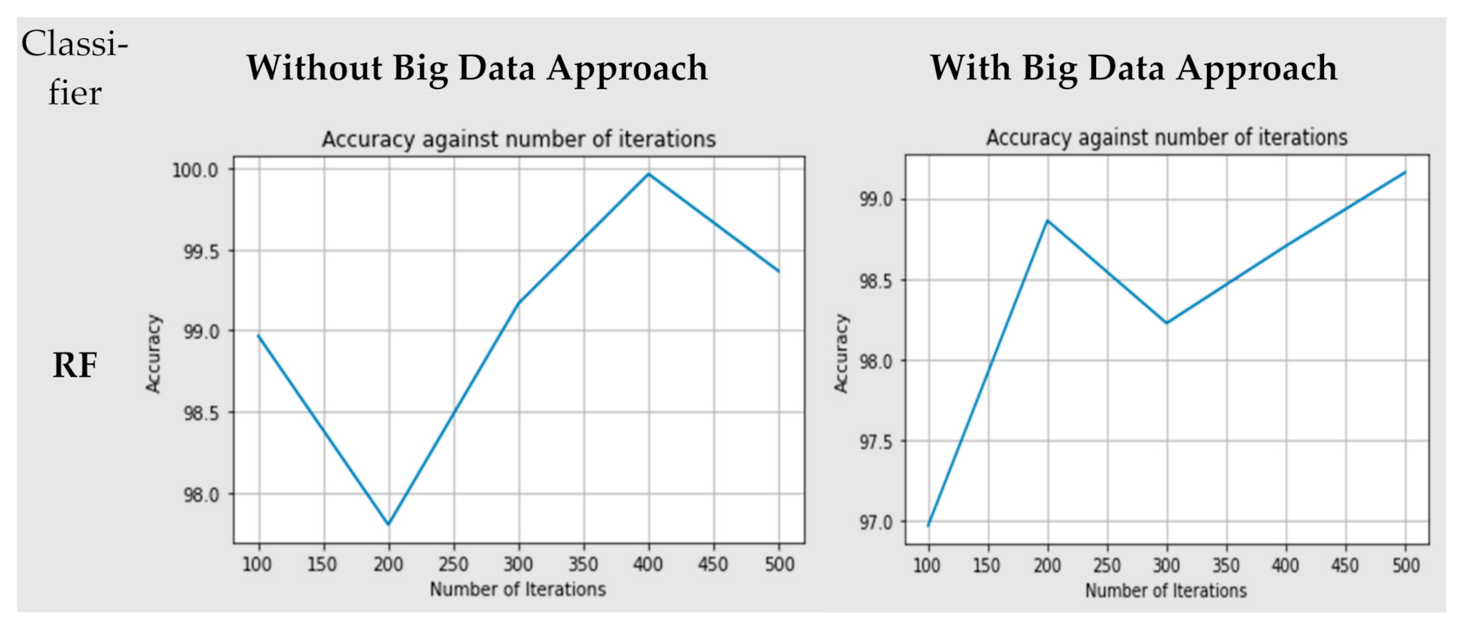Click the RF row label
[74, 366]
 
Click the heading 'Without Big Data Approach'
[477, 68]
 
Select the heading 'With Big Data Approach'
[1133, 68]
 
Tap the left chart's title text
[519, 140]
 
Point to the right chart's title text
[1167, 138]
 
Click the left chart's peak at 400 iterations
[649, 174]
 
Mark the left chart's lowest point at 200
[388, 524]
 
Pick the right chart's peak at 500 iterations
[1405, 172]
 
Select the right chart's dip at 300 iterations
[1167, 323]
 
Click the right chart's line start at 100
[928, 525]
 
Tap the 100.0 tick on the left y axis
[195, 170]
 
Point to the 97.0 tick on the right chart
[875, 523]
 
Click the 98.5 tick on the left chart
[200, 413]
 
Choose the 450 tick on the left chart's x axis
[713, 565]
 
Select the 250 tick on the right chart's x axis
[1106, 566]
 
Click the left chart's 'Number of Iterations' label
[518, 589]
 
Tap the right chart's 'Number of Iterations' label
[1166, 590]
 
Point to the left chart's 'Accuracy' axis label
[153, 353]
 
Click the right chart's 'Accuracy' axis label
[841, 353]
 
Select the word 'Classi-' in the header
[74, 44]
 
